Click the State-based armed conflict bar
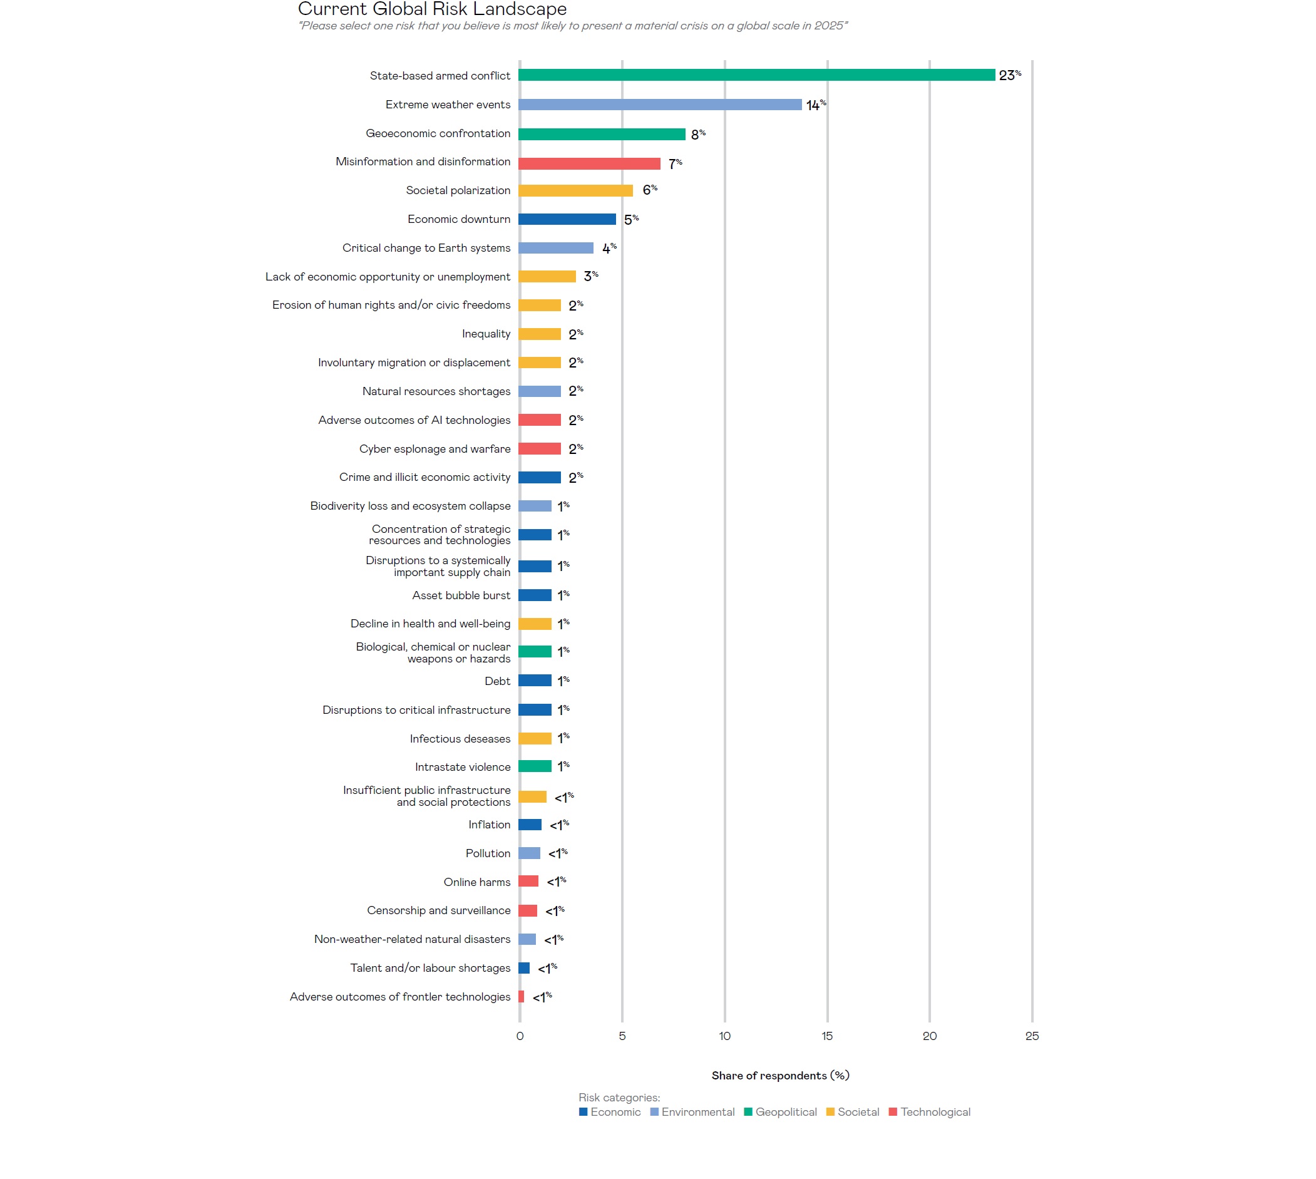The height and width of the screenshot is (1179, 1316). tap(756, 75)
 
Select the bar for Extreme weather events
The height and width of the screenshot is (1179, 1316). tap(659, 105)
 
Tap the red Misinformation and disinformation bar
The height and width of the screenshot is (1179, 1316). tap(589, 163)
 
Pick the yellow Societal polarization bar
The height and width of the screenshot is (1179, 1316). tap(575, 190)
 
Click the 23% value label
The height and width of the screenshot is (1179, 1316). tap(1009, 75)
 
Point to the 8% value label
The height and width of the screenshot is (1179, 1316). tap(697, 134)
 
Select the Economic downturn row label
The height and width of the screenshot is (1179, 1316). tap(458, 219)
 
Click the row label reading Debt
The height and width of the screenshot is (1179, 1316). tap(496, 681)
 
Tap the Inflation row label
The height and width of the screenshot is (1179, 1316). tap(489, 825)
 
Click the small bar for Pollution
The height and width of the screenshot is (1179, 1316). tap(528, 853)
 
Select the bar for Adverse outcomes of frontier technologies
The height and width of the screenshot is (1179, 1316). tap(521, 996)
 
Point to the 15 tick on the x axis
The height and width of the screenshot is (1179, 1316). tap(826, 1036)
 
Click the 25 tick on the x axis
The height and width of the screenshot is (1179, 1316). tap(1031, 1036)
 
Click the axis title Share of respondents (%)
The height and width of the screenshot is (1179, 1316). tap(779, 1075)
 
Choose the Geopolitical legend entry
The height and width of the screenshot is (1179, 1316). tap(785, 1111)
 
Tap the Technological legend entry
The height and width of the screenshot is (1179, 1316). tap(935, 1111)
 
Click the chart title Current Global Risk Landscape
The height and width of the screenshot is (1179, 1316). tap(432, 9)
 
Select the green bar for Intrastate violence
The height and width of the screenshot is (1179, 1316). tap(534, 766)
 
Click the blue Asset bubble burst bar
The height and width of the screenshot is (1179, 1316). tap(534, 595)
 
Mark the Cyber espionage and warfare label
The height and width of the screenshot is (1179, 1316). tap(434, 449)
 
